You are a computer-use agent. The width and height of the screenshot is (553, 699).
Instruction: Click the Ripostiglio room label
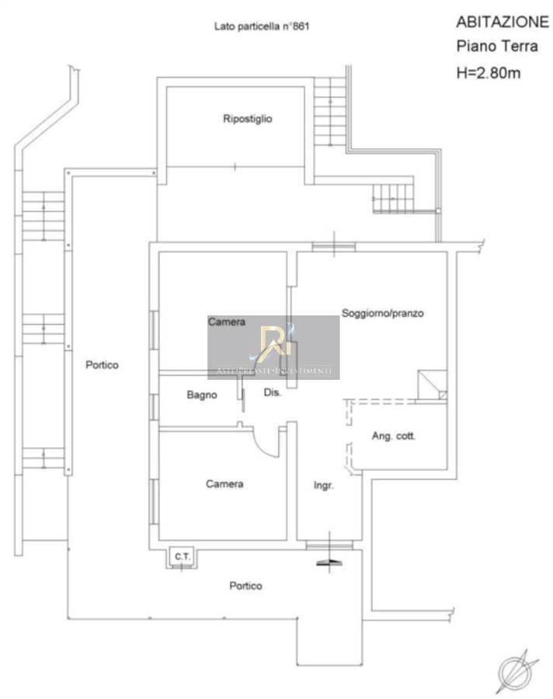(247, 119)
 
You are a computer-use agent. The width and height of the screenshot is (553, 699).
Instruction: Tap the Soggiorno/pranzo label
(382, 314)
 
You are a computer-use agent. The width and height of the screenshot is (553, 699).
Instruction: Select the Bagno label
(202, 395)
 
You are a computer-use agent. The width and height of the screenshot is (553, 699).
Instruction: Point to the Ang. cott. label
(394, 436)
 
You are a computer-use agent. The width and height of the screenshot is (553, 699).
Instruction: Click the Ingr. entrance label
(323, 485)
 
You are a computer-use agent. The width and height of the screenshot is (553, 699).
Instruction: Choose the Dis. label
(273, 393)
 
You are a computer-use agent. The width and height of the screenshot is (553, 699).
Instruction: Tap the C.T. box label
(183, 556)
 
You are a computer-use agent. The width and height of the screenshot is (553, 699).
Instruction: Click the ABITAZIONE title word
(502, 22)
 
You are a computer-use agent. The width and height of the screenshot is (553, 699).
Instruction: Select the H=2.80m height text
(487, 74)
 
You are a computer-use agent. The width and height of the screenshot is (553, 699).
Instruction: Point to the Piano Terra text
(496, 47)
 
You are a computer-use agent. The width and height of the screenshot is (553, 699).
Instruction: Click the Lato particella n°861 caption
(263, 26)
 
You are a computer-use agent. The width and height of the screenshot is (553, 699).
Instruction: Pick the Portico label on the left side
(102, 364)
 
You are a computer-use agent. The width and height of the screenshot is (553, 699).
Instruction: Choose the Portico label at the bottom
(245, 586)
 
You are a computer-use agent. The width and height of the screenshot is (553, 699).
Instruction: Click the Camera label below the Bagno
(224, 484)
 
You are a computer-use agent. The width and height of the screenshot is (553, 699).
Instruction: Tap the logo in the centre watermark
(273, 343)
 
